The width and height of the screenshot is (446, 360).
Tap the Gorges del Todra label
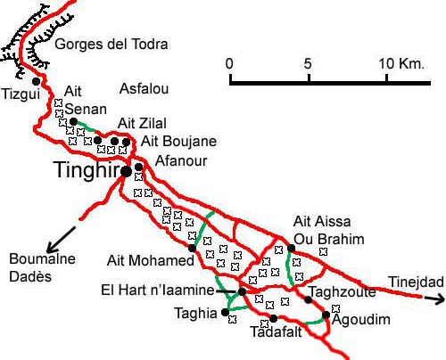(111, 44)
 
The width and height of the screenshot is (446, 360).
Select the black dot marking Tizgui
(36, 82)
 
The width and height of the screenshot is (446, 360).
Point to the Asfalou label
(143, 86)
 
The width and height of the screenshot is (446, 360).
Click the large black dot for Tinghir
(127, 170)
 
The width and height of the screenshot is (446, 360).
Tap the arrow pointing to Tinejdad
(434, 300)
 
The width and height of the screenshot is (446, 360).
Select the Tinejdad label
(416, 282)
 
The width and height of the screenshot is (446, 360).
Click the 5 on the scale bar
(308, 64)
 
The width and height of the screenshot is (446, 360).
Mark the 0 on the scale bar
(229, 64)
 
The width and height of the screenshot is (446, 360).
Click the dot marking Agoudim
(326, 315)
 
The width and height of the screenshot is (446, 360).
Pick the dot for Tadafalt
(274, 318)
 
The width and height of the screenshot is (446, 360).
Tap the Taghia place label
(195, 313)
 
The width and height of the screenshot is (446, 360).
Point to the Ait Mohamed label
(150, 261)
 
